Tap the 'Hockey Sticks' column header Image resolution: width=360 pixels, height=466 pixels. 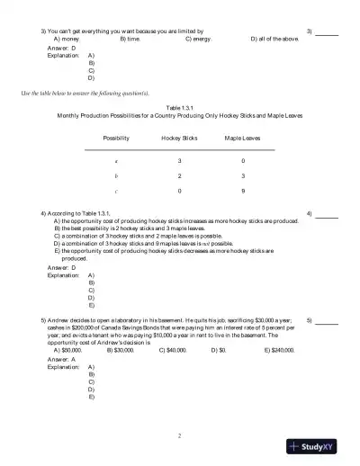pyautogui.click(x=179, y=139)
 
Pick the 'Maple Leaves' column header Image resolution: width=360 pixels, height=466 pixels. pyautogui.click(x=243, y=139)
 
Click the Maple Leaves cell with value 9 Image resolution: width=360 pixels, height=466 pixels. pyautogui.click(x=243, y=192)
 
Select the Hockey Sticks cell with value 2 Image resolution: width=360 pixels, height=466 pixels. pyautogui.click(x=179, y=175)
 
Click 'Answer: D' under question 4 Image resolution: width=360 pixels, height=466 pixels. pyautogui.click(x=62, y=268)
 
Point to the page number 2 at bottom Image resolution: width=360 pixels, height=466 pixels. pyautogui.click(x=180, y=436)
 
